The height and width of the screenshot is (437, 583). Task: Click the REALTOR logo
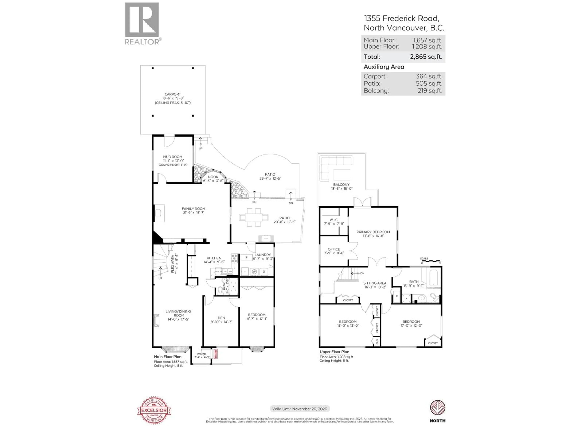click(142, 23)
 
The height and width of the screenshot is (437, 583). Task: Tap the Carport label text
click(173, 94)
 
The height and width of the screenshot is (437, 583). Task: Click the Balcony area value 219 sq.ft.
click(430, 91)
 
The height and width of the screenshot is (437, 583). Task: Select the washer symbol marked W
click(254, 272)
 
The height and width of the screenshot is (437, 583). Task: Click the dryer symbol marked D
click(264, 272)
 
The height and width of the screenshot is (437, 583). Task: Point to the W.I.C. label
click(334, 220)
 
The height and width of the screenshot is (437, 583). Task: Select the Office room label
click(334, 249)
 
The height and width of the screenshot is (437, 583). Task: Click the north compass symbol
click(438, 408)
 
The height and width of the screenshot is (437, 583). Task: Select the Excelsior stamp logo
click(154, 410)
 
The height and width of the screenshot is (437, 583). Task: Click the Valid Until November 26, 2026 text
click(300, 409)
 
